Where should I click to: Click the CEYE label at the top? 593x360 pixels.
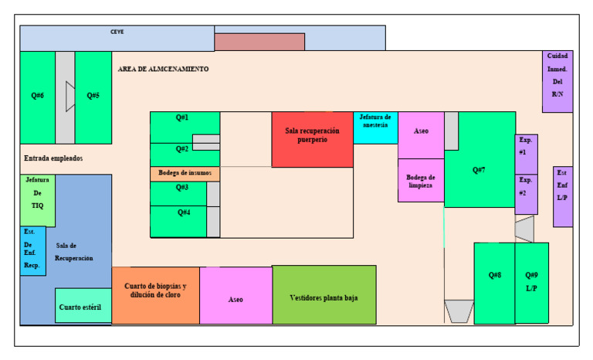coord(117,32)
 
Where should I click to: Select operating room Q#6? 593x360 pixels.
coord(37,97)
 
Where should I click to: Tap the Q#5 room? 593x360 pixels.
coord(93,97)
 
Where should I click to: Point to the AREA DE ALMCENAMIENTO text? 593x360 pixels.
coord(163,69)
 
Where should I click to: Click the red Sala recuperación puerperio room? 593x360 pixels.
coord(313,139)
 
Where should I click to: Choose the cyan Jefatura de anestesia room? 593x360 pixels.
coord(375,127)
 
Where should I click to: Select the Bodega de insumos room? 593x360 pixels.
coord(185,174)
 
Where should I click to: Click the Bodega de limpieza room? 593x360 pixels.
coord(421,180)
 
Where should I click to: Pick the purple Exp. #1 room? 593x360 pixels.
coord(526,154)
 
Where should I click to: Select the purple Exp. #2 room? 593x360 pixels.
coord(526,194)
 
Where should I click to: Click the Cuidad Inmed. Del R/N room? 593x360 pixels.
coord(557,81)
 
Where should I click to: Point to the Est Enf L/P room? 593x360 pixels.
coord(563,196)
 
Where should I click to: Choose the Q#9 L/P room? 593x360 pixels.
coord(532,283)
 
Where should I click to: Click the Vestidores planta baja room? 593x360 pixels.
coord(324,294)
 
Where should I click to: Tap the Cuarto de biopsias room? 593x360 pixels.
coord(155,295)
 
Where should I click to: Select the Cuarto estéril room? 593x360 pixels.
coord(83,305)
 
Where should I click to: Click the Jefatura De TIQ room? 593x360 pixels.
coord(37,201)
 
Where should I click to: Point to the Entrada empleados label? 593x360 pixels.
coord(53,158)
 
